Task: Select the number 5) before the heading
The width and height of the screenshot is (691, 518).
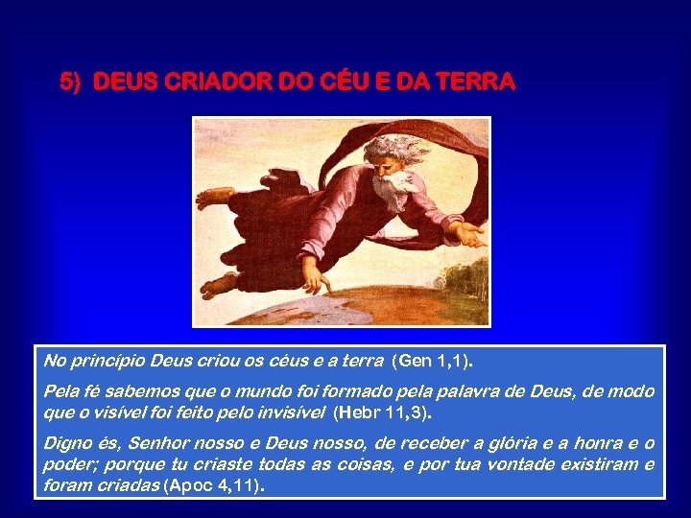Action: click(x=70, y=83)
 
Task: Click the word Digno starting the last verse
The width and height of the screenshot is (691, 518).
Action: click(x=66, y=442)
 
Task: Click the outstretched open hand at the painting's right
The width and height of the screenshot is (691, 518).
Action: click(x=467, y=233)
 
